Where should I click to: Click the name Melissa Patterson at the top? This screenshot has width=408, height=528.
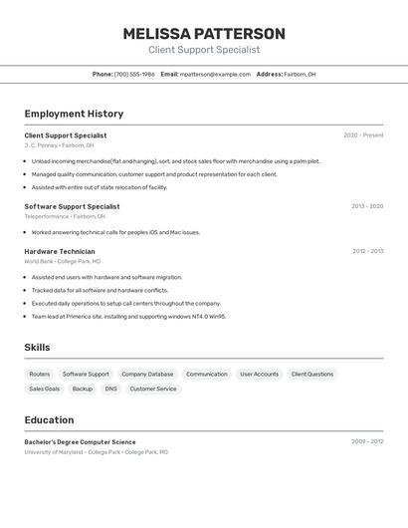[204, 34]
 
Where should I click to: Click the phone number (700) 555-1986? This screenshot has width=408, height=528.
[134, 74]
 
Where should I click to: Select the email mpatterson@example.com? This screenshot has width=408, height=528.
[215, 74]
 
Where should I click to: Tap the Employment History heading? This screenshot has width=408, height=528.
[74, 114]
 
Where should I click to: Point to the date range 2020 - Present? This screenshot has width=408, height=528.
[363, 135]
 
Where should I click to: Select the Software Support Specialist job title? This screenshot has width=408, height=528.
[72, 206]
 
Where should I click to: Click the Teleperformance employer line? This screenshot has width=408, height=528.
[65, 216]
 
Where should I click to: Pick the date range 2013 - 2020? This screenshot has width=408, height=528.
[367, 206]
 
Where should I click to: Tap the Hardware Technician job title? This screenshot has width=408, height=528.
[60, 251]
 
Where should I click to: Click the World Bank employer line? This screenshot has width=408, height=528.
[63, 261]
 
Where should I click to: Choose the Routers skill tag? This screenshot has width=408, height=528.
[40, 375]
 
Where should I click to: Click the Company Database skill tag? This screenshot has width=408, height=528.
[147, 375]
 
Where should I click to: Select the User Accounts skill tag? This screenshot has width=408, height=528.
[259, 375]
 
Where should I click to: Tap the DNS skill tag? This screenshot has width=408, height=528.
[110, 389]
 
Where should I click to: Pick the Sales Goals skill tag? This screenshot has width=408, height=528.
[44, 389]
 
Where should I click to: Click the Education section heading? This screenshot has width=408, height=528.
[49, 419]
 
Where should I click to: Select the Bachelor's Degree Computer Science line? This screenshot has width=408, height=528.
[80, 441]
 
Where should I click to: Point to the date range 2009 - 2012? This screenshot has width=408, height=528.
[367, 441]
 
